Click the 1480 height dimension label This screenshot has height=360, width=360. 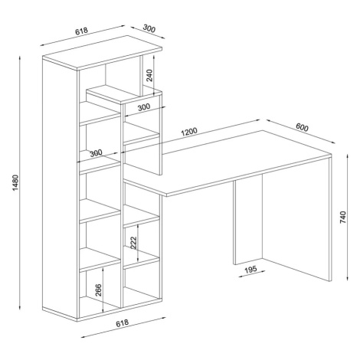15,182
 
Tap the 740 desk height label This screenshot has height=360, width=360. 343,218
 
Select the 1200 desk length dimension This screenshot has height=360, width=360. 189,132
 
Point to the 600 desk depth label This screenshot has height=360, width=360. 302,127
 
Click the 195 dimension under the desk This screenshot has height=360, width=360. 250,270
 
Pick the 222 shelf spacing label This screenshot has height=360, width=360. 133,243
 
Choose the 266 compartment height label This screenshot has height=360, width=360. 98,290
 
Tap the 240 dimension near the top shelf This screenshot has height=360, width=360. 149,75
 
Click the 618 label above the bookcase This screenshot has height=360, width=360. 81,31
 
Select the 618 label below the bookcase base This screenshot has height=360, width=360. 123,323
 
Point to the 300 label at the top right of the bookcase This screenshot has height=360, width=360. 149,28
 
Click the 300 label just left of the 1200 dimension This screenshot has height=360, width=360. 96,153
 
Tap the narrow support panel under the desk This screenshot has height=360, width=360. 248,221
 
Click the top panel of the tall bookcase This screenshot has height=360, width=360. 102,53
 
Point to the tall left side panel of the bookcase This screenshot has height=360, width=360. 60,188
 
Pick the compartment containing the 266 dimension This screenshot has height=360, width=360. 100,290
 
